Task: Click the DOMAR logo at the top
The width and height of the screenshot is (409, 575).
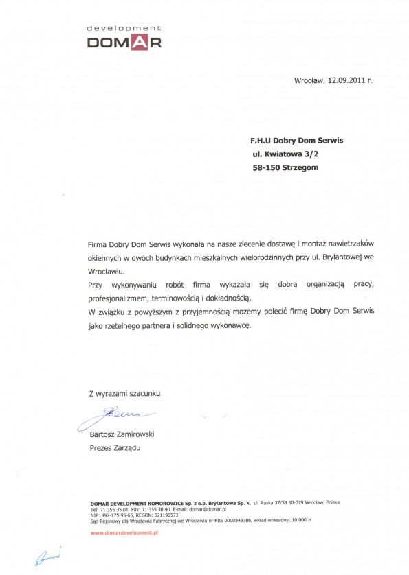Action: tap(124, 43)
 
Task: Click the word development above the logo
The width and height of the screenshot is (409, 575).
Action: tap(124, 28)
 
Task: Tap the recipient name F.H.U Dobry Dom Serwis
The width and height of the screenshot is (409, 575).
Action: tap(297, 140)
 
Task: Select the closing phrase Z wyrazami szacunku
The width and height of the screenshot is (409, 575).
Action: tap(124, 393)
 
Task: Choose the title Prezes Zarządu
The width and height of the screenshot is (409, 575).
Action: tap(115, 447)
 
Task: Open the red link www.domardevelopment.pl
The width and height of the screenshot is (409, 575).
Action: tap(124, 532)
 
